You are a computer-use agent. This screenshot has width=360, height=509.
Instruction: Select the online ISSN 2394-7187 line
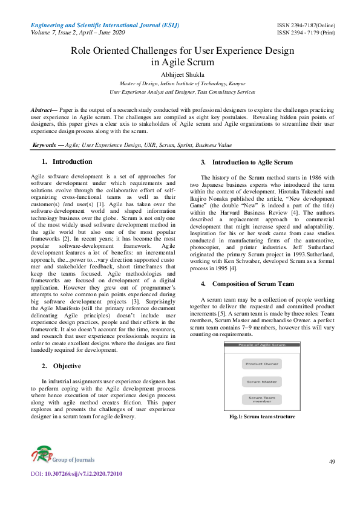point(306,25)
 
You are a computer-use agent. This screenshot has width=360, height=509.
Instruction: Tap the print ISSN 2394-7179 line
point(306,33)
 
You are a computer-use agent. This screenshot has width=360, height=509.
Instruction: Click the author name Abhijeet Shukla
point(182,75)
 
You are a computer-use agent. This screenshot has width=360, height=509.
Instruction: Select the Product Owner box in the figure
point(262,364)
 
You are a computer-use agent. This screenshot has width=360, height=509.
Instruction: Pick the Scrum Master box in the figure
point(262,381)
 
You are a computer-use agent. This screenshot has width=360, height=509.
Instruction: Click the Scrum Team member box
point(262,400)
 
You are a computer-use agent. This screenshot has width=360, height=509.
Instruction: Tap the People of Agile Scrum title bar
point(262,344)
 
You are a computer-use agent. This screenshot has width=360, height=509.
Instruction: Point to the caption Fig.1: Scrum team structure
point(262,417)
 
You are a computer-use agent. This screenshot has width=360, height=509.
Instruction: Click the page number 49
point(332,462)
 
